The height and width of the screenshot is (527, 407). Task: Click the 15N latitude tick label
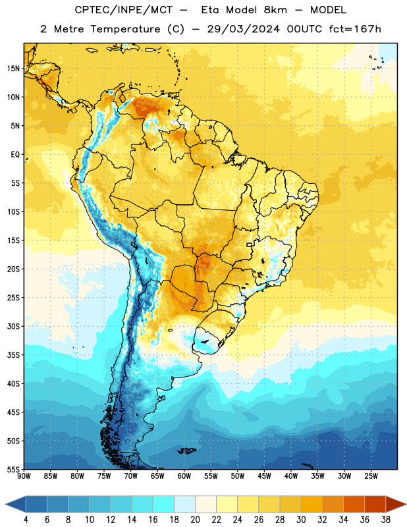coord(13,69)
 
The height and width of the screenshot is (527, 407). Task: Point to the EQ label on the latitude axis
coord(15,155)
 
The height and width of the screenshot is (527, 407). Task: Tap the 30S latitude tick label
coord(13,327)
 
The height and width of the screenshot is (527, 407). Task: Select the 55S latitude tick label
coord(13,469)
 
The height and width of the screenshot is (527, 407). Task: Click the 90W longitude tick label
coord(24,476)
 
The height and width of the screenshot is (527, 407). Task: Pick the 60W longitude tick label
coord(184,476)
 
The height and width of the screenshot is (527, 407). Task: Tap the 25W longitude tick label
coord(371,476)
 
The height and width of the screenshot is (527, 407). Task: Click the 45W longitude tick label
coord(264,476)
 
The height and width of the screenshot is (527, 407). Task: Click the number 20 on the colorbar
coord(195,520)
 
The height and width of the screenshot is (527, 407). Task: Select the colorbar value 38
coord(386,520)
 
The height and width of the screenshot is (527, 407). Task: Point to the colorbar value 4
coord(26,520)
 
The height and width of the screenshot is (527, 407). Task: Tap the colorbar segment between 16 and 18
coord(164,504)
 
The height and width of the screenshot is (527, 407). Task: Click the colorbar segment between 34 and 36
coord(354,504)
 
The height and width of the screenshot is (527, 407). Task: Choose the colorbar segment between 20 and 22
coord(205,504)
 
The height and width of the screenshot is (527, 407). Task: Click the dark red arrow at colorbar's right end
coord(396,504)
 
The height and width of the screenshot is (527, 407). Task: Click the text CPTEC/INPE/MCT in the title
coord(123,10)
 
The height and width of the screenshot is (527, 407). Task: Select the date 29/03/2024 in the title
coord(243,29)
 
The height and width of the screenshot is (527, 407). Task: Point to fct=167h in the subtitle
coord(355,29)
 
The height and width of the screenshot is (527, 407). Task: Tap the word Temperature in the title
coord(125,29)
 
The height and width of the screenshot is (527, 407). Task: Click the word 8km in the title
coord(275,10)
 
